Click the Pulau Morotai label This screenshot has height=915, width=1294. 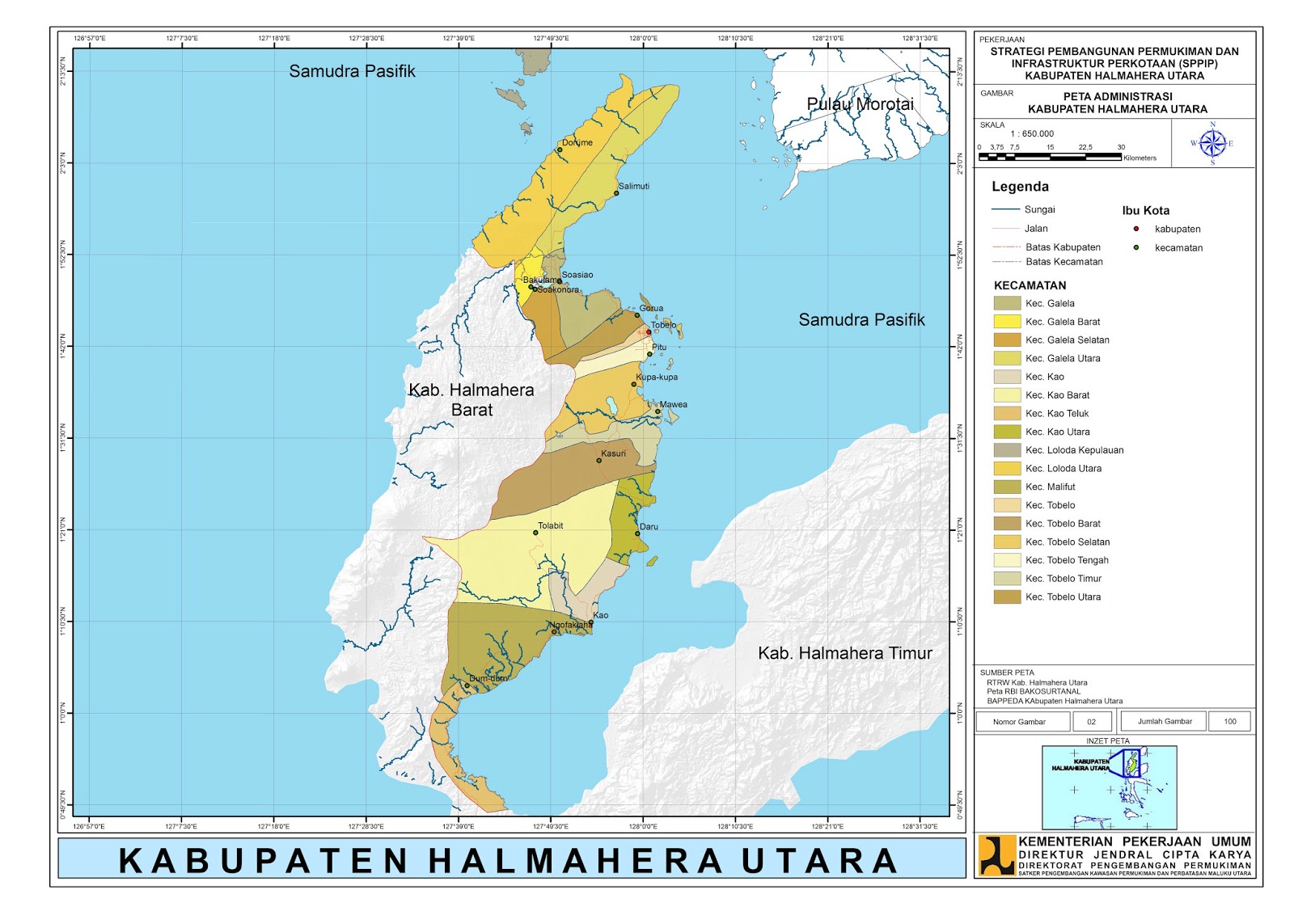860,104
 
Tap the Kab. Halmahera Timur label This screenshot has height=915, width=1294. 844,653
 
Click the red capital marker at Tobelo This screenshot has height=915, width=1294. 649,332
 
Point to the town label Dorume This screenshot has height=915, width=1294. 577,142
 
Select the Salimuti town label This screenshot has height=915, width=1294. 634,186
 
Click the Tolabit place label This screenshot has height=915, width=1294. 551,525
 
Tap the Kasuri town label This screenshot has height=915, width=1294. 613,453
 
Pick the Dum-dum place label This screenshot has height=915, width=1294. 488,678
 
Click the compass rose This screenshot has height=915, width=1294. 1212,144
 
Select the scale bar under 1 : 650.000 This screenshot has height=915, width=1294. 1049,157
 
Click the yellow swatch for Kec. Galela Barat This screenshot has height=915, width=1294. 1007,322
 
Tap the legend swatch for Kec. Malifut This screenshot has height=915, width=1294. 1007,487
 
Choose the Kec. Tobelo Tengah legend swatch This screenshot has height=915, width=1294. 1007,560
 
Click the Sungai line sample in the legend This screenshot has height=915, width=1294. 1005,209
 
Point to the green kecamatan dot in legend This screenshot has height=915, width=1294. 1136,248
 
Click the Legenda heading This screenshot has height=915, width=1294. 1020,187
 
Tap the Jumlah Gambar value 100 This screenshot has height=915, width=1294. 1229,722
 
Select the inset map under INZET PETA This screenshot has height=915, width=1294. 1109,786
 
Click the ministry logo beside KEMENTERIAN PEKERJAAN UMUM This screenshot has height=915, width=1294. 996,855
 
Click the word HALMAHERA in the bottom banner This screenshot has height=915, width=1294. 575,861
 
